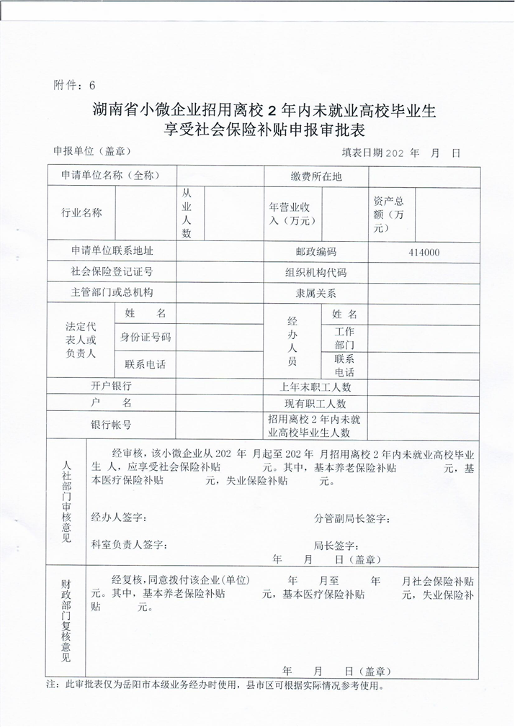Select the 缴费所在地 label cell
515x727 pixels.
tap(315, 176)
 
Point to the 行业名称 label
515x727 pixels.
tap(82, 213)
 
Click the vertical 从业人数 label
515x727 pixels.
tap(187, 213)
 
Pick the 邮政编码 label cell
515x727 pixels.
tap(315, 252)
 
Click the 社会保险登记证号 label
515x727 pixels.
tap(112, 272)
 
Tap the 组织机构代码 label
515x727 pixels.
tap(315, 273)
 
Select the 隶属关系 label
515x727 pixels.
tap(315, 294)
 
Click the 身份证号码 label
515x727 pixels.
tap(145, 337)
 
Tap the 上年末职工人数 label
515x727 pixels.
tap(315, 387)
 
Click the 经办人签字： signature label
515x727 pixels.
tap(120, 518)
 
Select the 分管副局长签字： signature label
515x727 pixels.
tap(352, 518)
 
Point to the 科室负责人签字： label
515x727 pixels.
tap(130, 544)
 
